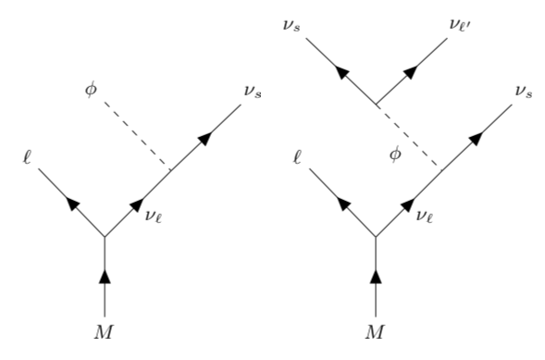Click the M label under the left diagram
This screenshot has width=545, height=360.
coord(104,330)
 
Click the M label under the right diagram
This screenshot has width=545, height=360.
coord(375,330)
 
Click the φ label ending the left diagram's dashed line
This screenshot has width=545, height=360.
coord(91,92)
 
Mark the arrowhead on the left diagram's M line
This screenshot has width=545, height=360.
coord(104,276)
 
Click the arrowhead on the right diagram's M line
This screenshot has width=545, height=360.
coord(375,276)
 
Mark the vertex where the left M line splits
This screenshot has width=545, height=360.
coord(104,236)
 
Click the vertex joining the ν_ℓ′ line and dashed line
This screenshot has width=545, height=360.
coord(375,104)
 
